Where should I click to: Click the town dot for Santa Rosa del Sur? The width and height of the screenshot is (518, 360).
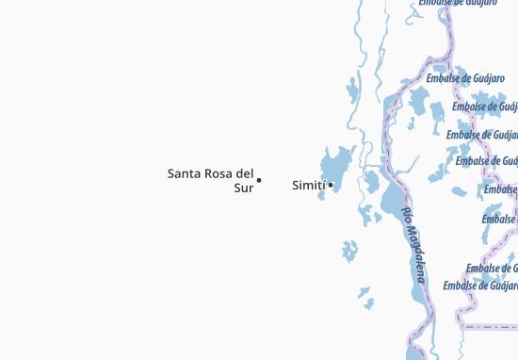pyautogui.click(x=259, y=180)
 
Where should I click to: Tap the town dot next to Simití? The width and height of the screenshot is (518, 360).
pyautogui.click(x=330, y=184)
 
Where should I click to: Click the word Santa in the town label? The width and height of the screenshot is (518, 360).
pyautogui.click(x=184, y=173)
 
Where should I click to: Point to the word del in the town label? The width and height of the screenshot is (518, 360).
pyautogui.click(x=245, y=173)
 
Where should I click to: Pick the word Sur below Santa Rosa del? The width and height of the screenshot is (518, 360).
pyautogui.click(x=243, y=188)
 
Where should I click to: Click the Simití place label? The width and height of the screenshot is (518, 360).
pyautogui.click(x=309, y=186)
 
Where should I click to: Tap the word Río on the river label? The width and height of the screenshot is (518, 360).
pyautogui.click(x=406, y=216)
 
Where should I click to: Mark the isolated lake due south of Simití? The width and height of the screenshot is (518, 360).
pyautogui.click(x=350, y=251)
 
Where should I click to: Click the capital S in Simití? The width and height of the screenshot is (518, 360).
pyautogui.click(x=296, y=186)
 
